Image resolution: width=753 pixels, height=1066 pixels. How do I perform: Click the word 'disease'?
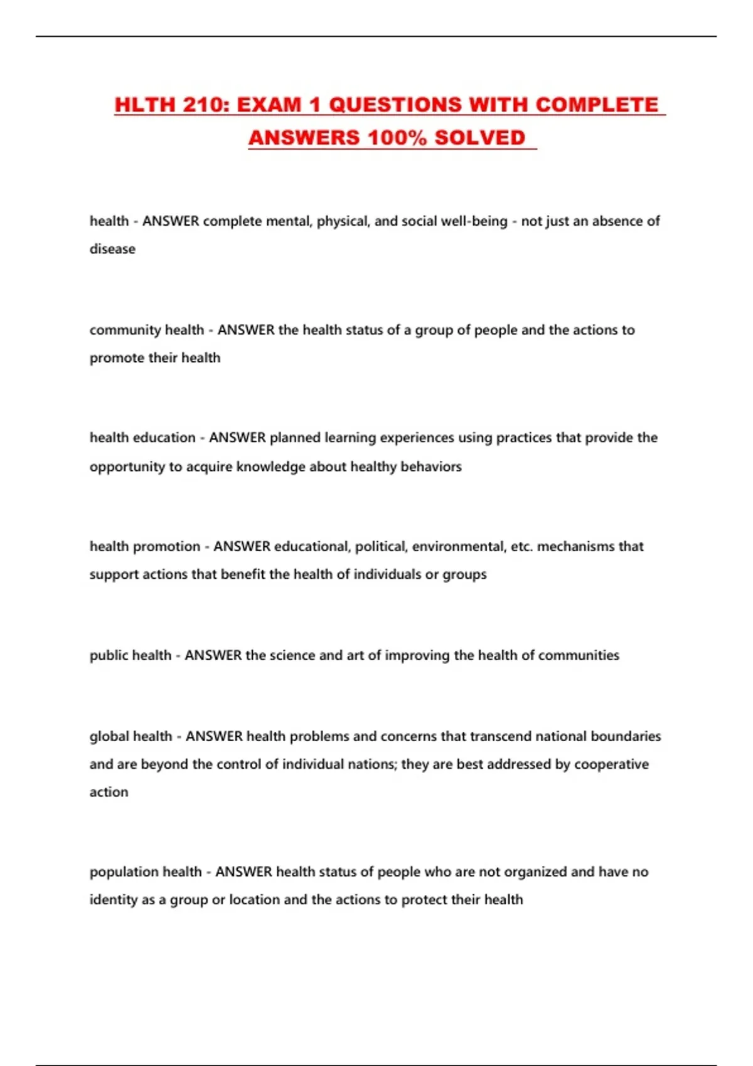pyautogui.click(x=112, y=249)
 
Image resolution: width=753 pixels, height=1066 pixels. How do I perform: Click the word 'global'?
pyautogui.click(x=109, y=736)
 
